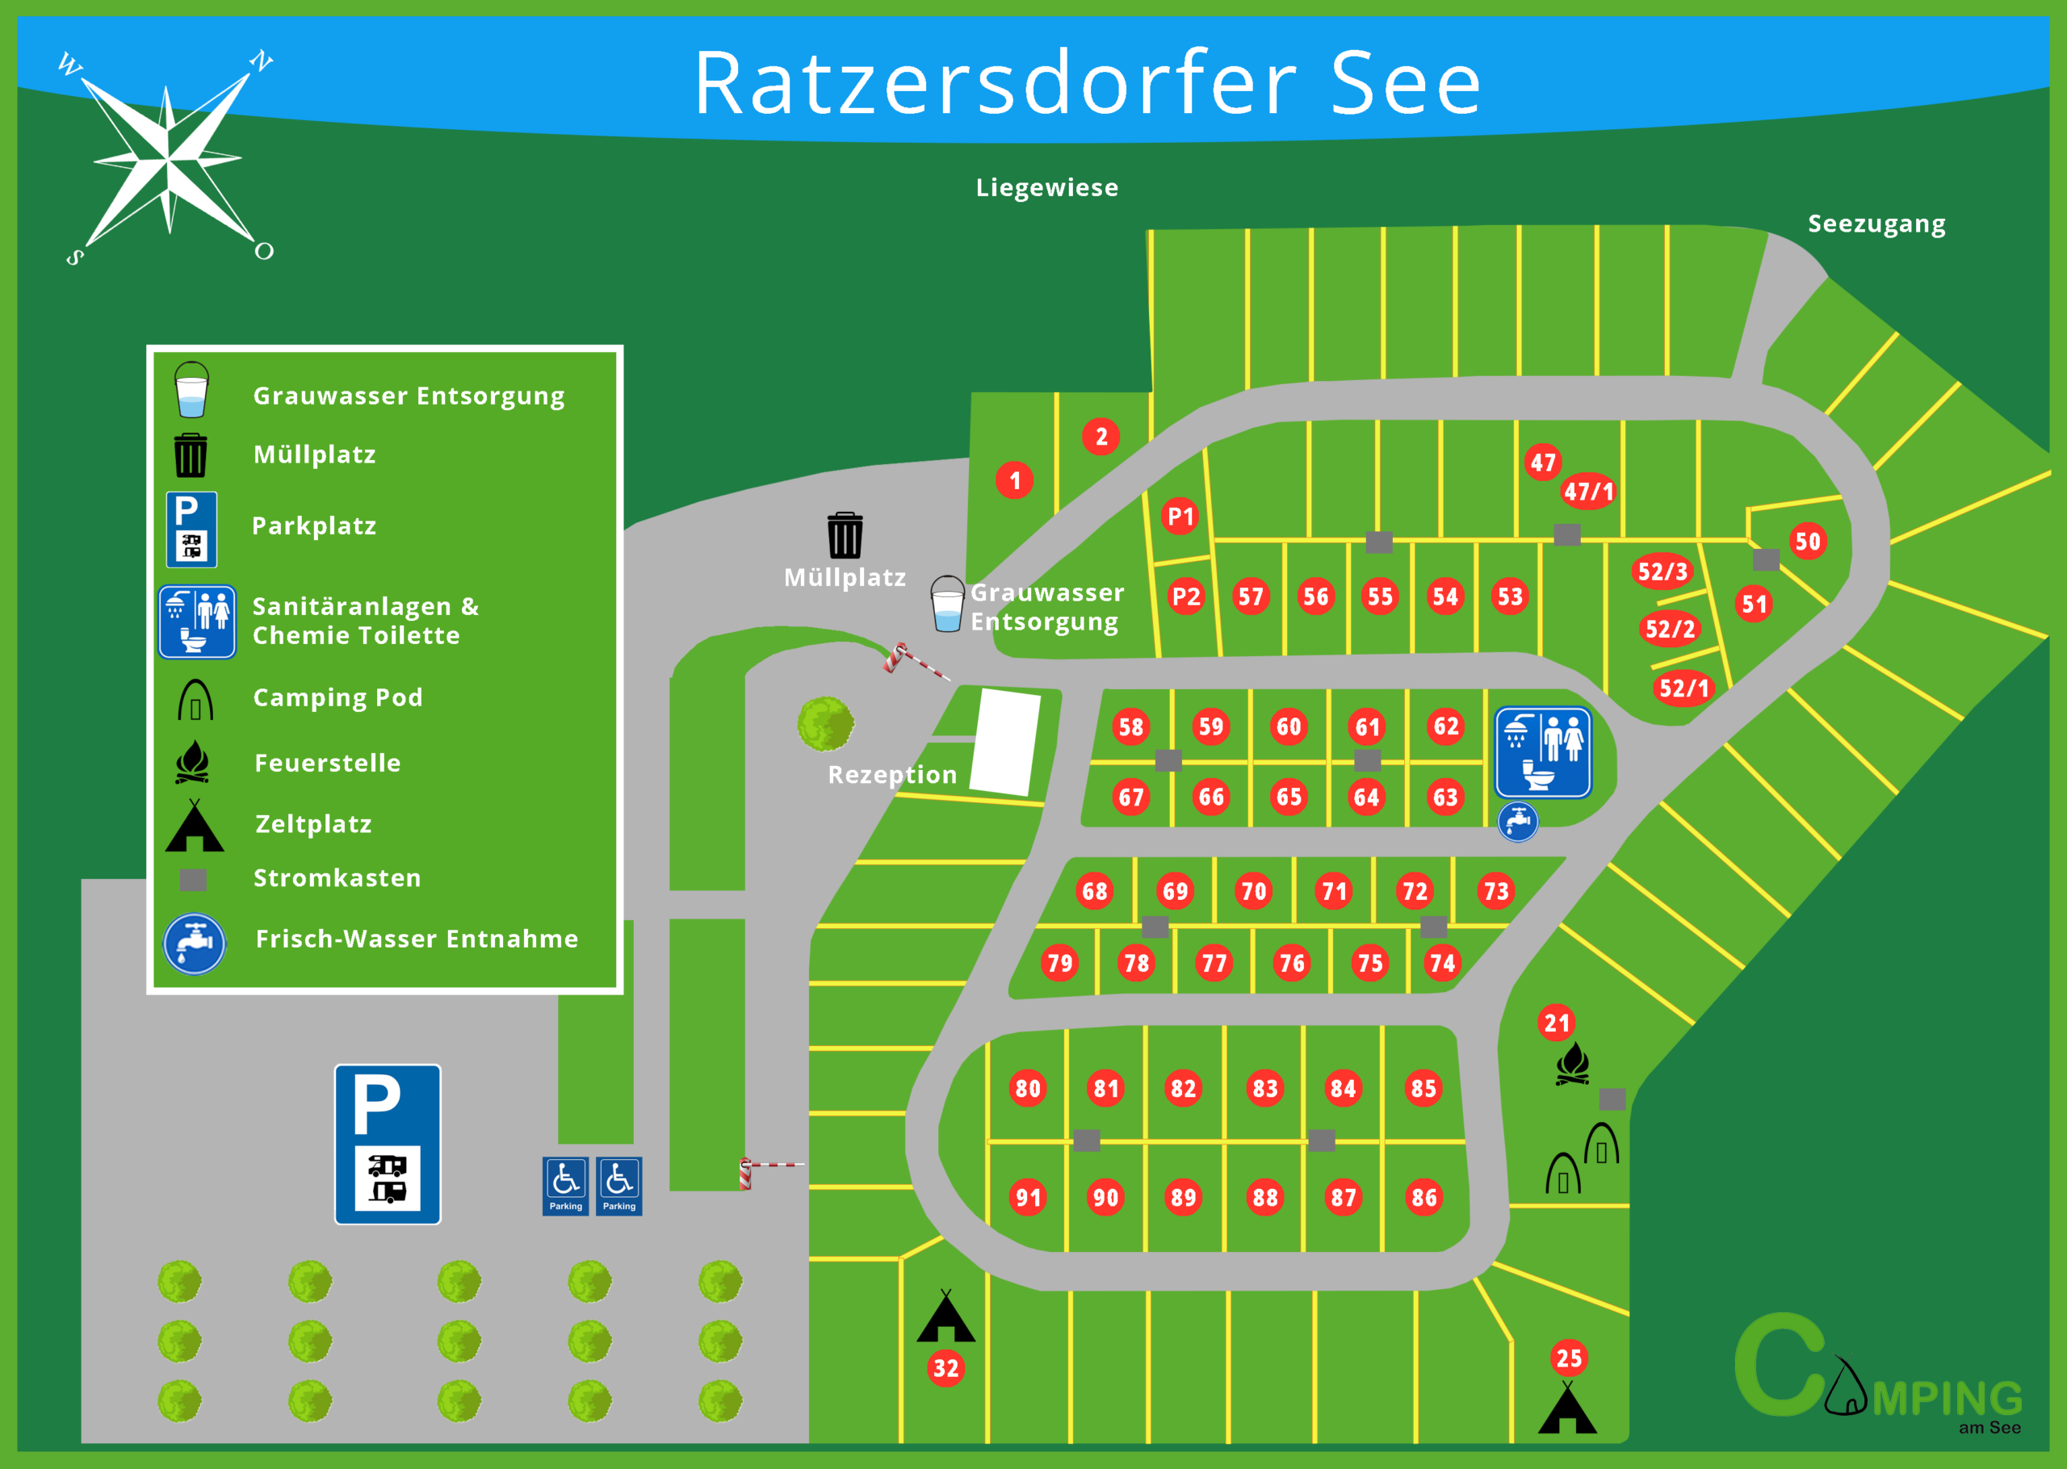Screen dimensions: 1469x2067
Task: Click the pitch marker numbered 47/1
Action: point(1588,492)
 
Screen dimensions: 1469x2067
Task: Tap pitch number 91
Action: point(1028,1198)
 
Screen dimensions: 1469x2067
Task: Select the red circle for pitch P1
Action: point(1180,517)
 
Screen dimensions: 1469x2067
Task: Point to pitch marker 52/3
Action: point(1662,571)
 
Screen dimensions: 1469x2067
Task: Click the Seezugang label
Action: point(1876,224)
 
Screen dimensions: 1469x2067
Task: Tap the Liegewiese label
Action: point(1046,187)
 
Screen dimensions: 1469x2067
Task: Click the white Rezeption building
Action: point(1005,742)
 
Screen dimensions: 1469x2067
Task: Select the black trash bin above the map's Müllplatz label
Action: point(845,534)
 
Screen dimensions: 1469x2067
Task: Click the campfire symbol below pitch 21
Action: point(1573,1064)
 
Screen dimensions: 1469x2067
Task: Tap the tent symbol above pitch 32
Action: point(945,1316)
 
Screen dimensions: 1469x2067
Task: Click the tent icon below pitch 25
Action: point(1568,1408)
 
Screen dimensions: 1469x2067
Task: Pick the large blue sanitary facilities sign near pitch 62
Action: point(1543,752)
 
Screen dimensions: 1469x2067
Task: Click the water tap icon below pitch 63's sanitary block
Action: point(1518,822)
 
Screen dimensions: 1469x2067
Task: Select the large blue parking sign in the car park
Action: point(388,1145)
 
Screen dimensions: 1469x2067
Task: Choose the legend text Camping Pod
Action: point(338,697)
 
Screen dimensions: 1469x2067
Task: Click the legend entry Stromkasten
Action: point(337,878)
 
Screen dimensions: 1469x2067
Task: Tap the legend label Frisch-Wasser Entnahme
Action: point(416,939)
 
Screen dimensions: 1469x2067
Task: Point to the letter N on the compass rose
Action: point(262,61)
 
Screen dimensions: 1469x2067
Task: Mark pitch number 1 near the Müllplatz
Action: point(1015,480)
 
